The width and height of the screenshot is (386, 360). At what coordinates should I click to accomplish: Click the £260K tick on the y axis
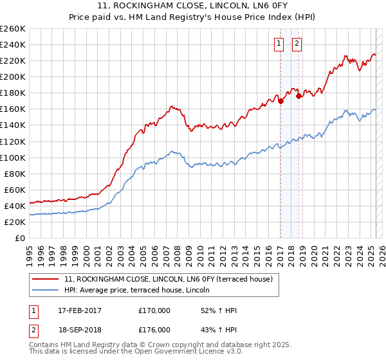pos(13,29)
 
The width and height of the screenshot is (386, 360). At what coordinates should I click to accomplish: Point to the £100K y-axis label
pos(13,157)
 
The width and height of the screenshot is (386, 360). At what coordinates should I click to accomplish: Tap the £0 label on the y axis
pos(19,238)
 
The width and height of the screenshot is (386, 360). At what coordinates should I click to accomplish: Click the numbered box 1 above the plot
pos(279,44)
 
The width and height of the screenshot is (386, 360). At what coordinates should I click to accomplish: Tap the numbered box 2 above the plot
pos(297,44)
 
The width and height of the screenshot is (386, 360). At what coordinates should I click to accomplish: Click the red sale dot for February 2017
pos(280,101)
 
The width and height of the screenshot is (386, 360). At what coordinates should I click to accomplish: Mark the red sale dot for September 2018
pos(299,96)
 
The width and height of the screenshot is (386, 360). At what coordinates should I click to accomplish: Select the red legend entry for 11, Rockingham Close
pos(169,279)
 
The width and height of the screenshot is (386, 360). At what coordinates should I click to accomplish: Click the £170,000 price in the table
pos(154,310)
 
